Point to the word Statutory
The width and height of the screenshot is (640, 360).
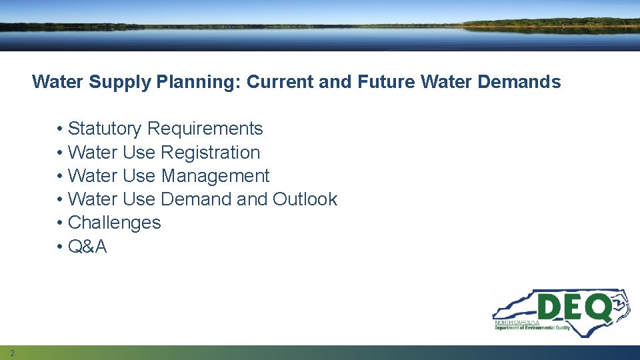coord(105,129)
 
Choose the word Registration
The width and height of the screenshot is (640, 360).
coord(210,153)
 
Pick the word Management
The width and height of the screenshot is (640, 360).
coord(215,176)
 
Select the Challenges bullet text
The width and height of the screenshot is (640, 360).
coord(114,223)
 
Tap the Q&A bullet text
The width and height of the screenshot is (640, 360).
coord(87,247)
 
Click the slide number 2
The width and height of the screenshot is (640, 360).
coord(12,353)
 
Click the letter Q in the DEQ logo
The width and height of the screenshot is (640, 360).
coord(598,309)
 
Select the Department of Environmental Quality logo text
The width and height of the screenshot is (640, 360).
coord(532,327)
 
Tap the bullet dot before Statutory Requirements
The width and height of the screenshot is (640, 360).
coord(60,129)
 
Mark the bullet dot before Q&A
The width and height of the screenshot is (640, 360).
coord(60,247)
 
